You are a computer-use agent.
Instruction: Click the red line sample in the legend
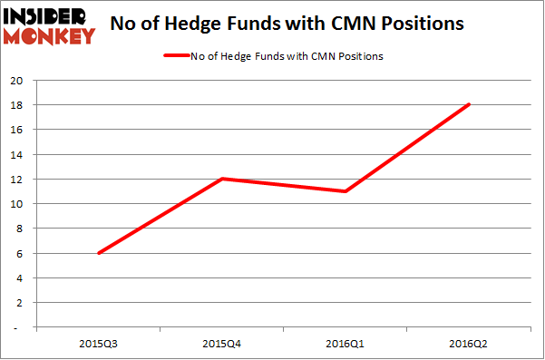click(x=175, y=56)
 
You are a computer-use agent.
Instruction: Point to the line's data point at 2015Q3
click(x=98, y=253)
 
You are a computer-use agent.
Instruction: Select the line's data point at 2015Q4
click(x=222, y=179)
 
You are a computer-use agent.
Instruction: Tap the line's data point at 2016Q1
click(x=345, y=191)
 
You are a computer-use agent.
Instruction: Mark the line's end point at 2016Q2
click(x=469, y=104)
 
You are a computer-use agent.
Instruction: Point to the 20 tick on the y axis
click(x=15, y=80)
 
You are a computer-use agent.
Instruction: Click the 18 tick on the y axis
click(x=15, y=105)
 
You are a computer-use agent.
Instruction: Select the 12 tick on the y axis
click(x=15, y=180)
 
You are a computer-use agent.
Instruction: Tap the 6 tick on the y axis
click(x=18, y=253)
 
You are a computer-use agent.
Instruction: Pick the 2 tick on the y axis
click(x=18, y=303)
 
